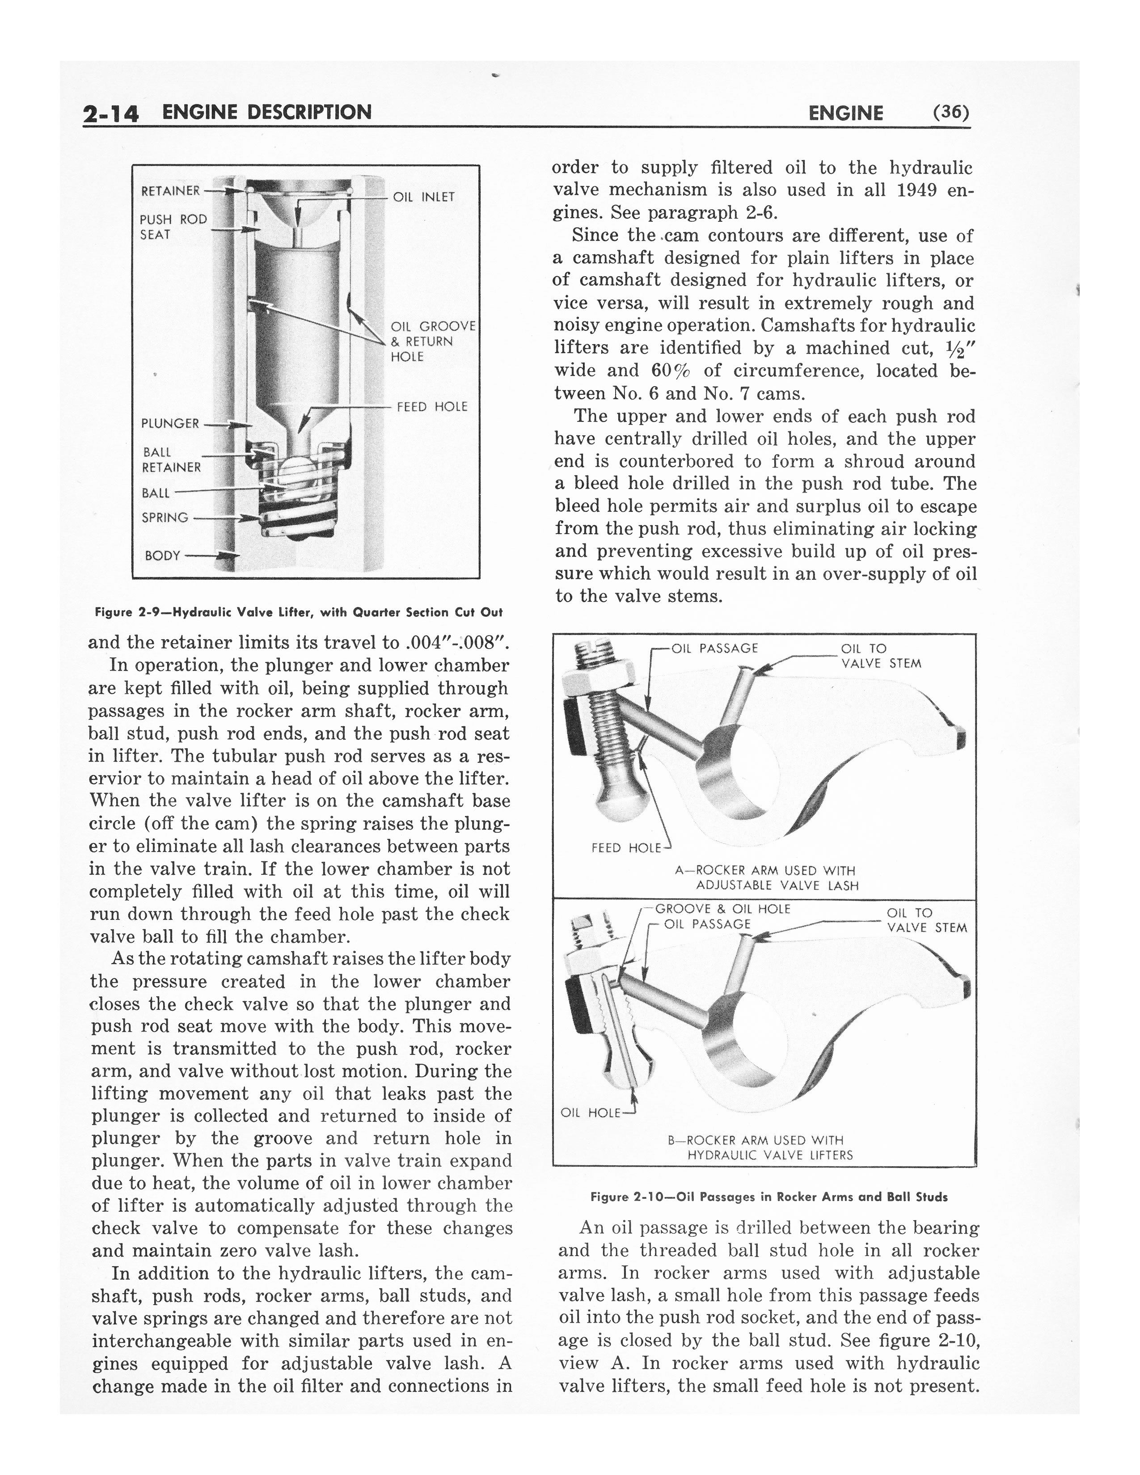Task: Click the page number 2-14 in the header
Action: tap(111, 114)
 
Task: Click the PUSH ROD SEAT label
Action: tap(173, 227)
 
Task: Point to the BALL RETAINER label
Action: tap(171, 459)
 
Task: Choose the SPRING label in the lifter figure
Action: tap(165, 518)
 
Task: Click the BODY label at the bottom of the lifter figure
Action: tap(163, 556)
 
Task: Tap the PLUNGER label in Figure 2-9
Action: tap(169, 423)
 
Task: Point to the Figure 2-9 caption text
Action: tap(299, 612)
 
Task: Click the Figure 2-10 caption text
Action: tap(768, 1197)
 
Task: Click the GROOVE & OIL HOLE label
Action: tap(722, 909)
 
